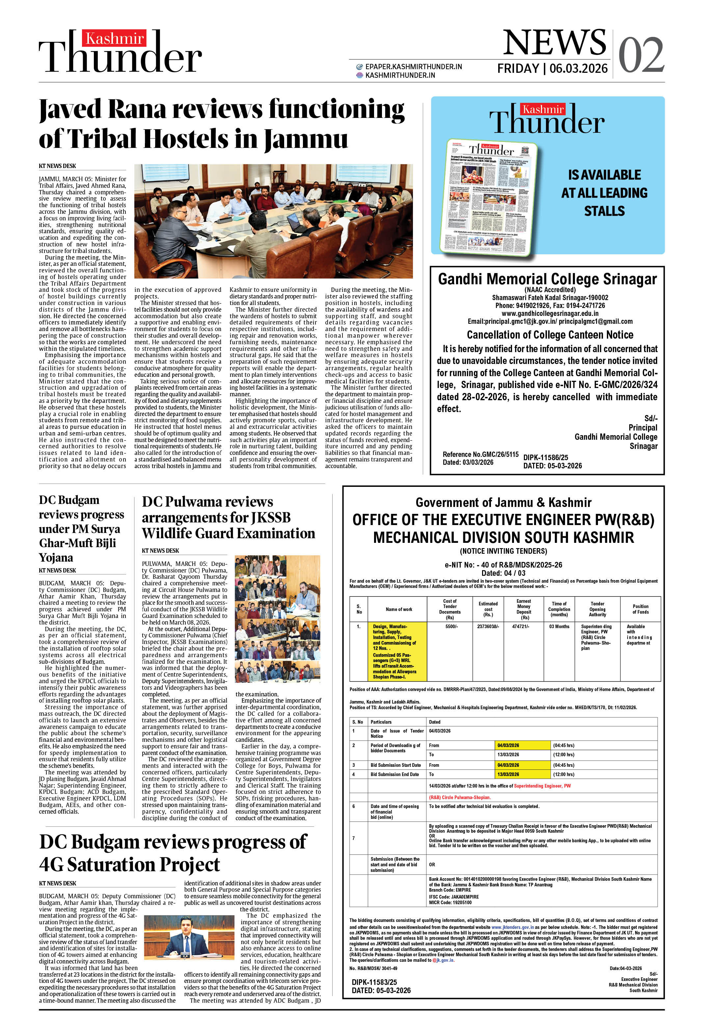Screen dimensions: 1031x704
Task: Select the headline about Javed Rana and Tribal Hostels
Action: click(x=222, y=124)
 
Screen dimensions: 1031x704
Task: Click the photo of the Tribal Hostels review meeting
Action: click(x=273, y=221)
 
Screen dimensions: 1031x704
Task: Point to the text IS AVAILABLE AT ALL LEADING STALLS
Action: click(x=604, y=193)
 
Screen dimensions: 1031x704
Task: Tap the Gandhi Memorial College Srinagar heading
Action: click(x=547, y=279)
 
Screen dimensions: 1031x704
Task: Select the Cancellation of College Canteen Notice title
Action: click(x=550, y=335)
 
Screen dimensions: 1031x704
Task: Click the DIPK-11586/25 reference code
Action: click(x=545, y=458)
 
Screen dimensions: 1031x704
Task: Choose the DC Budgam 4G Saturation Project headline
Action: click(x=173, y=853)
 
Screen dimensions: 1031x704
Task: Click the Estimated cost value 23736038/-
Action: click(x=488, y=627)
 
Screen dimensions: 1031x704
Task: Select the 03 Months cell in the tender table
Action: click(x=558, y=627)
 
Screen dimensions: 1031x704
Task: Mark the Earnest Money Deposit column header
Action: click(x=524, y=609)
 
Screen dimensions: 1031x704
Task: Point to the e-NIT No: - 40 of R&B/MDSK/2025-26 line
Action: click(x=503, y=565)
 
